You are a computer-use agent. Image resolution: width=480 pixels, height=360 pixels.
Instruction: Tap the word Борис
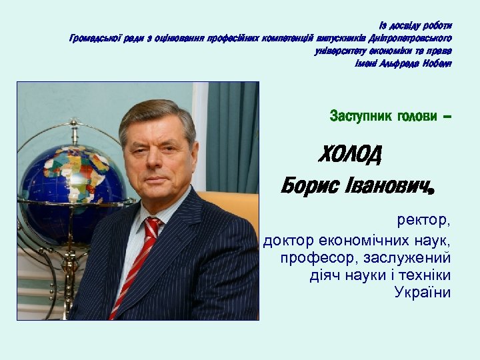pos(309,185)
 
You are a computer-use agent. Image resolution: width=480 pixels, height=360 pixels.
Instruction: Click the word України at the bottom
pos(423,293)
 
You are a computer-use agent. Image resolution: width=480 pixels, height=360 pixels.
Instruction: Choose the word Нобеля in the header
pos(437,63)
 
